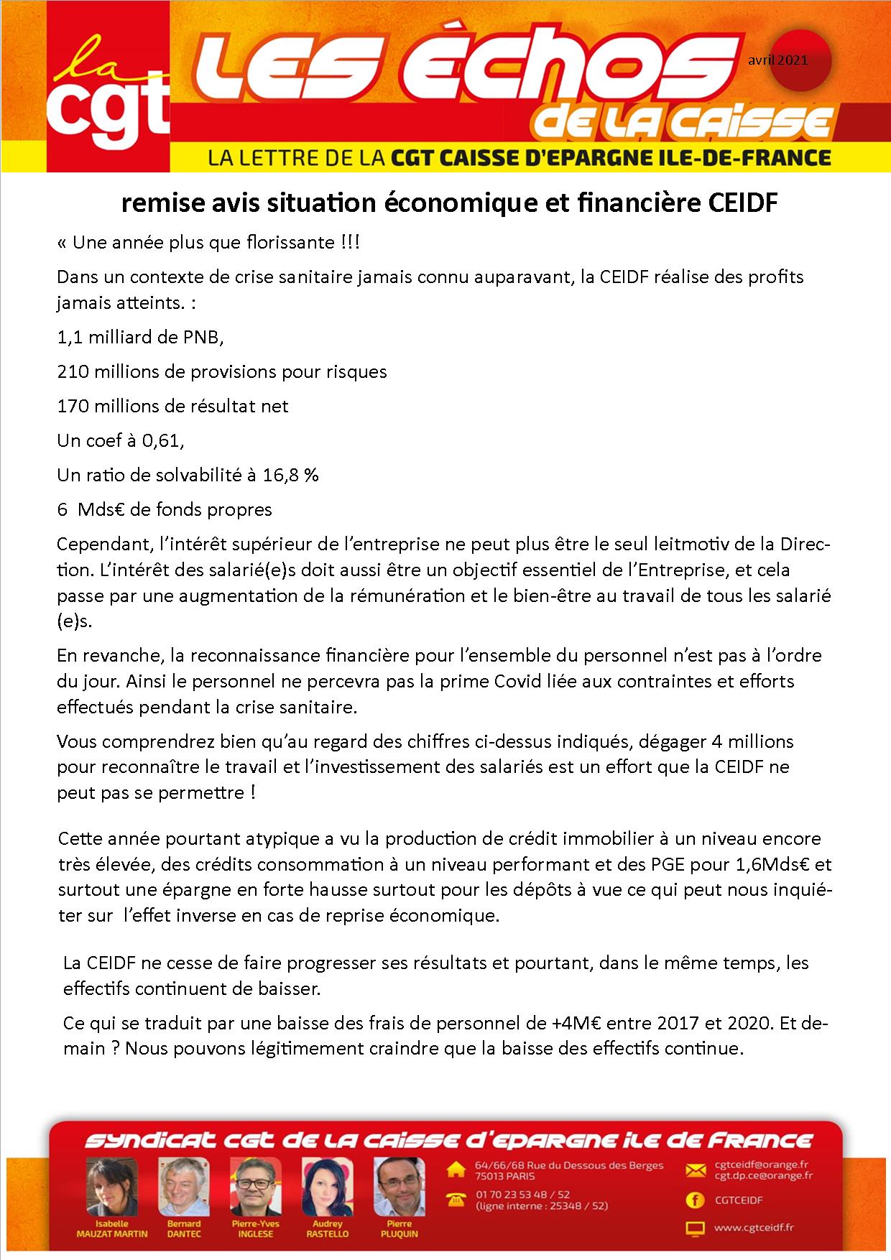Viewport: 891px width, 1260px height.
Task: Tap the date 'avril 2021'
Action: click(777, 60)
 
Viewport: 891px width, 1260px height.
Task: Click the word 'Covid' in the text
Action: click(519, 681)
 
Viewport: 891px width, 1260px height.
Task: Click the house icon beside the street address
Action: click(456, 1170)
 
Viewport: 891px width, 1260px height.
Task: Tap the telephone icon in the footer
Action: click(456, 1199)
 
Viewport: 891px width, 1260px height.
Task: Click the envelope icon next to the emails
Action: click(696, 1170)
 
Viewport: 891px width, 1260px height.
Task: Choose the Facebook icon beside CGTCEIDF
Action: click(696, 1200)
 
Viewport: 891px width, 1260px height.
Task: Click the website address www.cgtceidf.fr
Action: click(753, 1228)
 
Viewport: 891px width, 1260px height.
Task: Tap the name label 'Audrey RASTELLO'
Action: click(328, 1228)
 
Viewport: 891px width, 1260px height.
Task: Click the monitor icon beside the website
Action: click(696, 1228)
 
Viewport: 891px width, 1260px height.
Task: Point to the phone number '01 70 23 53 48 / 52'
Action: click(522, 1195)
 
